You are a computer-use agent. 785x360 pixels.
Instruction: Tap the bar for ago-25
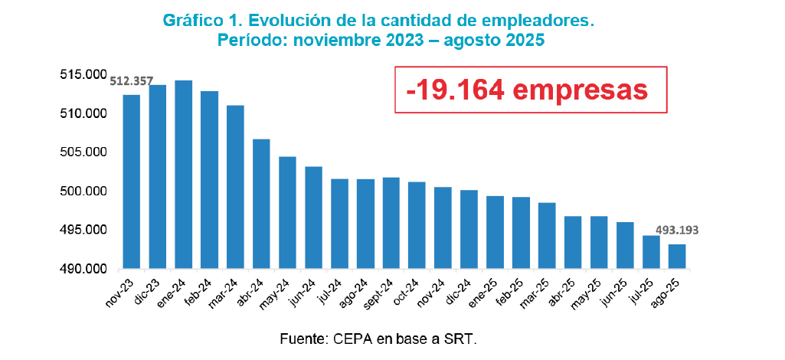tap(677, 257)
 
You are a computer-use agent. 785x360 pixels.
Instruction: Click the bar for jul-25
tap(651, 252)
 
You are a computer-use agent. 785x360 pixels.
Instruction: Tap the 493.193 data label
tap(677, 229)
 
